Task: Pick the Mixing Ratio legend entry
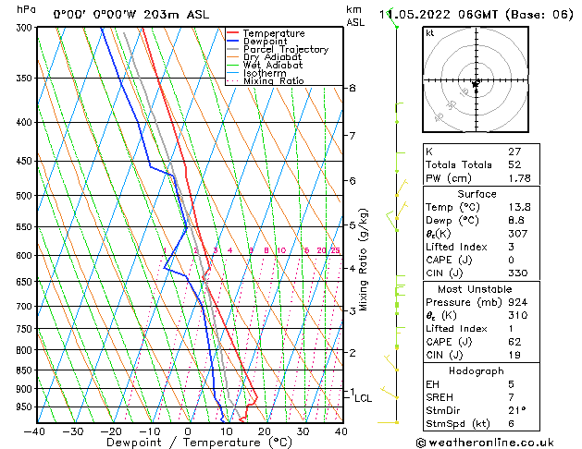click(273, 81)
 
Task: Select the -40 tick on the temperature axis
click(36, 431)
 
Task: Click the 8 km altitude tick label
click(352, 88)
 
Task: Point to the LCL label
click(363, 398)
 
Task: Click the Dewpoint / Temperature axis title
click(188, 443)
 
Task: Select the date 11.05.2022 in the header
click(416, 14)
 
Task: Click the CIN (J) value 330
click(517, 274)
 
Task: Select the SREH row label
click(440, 397)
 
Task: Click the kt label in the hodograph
click(429, 32)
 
